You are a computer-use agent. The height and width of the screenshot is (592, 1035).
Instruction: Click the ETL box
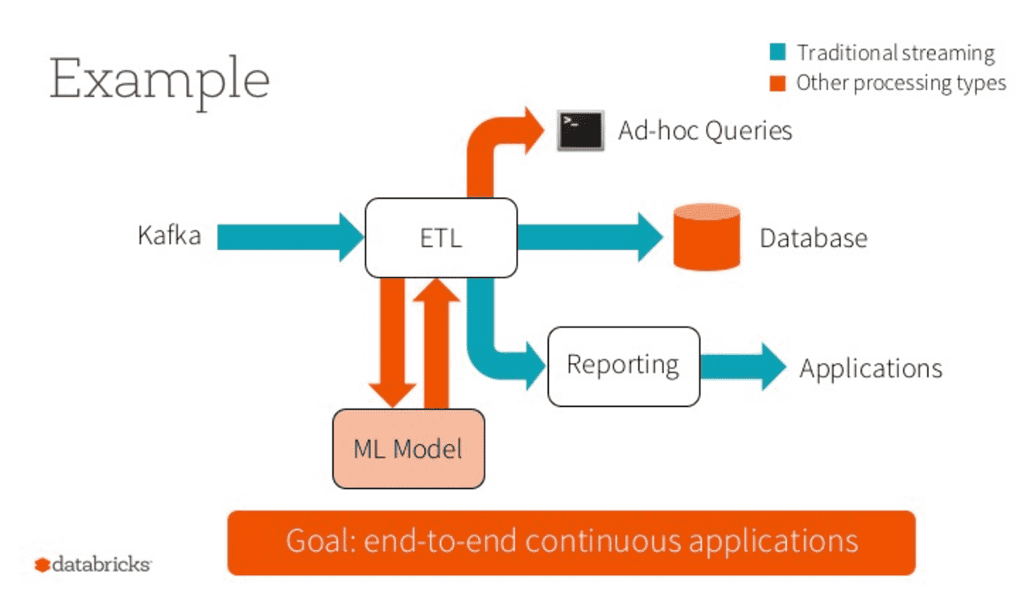point(441,238)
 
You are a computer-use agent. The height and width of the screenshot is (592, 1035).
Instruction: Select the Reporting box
point(623,366)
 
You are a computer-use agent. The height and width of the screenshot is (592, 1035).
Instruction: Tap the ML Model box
point(408,448)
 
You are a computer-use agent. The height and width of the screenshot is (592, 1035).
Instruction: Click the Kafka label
point(169,236)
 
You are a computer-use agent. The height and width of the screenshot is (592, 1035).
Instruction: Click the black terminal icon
point(579,130)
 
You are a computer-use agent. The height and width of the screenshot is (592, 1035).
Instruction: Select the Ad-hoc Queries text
point(705,130)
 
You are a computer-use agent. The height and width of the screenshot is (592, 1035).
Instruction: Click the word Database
point(813,238)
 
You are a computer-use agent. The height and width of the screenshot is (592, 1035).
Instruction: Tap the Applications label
point(870,368)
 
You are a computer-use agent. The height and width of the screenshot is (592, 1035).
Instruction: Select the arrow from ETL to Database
point(588,237)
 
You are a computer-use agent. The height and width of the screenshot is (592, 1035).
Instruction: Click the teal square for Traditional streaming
point(777,54)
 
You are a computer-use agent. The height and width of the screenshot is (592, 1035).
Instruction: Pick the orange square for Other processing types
point(777,83)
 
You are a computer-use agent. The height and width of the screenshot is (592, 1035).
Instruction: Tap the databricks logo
point(93,565)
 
